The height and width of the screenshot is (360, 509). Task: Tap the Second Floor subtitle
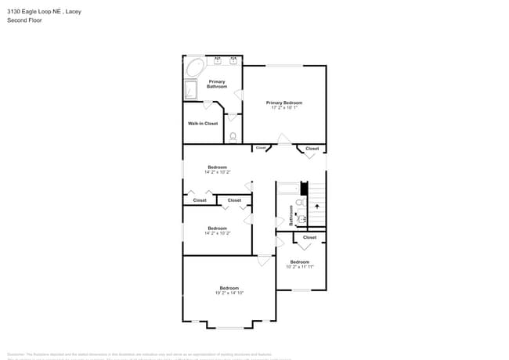[x=23, y=20]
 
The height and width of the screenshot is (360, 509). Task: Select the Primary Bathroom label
[x=217, y=84]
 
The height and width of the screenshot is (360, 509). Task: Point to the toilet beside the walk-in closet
[x=233, y=137]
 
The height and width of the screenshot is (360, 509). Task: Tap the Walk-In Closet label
[x=203, y=123]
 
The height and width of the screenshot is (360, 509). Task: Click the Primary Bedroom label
[x=283, y=103]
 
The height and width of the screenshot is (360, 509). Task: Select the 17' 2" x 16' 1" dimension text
[x=283, y=108]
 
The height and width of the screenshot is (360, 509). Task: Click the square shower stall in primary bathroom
[x=192, y=90]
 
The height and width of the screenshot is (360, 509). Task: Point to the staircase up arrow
[x=317, y=207]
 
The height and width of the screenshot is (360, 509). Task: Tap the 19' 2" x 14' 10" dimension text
[x=229, y=293]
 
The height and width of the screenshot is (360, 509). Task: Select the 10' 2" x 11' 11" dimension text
[x=300, y=267]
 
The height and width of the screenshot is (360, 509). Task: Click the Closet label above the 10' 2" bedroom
[x=309, y=237]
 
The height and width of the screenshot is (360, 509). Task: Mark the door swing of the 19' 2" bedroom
[x=265, y=260]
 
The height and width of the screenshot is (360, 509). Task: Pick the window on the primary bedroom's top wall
[x=284, y=66]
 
